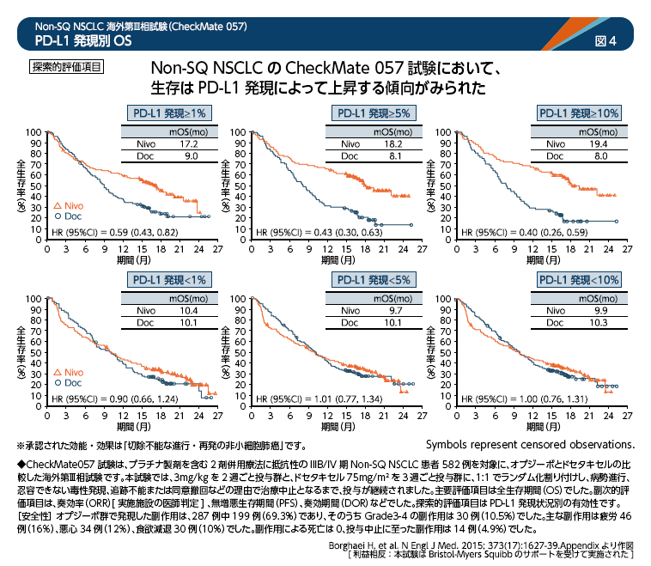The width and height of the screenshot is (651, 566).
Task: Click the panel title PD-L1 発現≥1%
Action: [167, 113]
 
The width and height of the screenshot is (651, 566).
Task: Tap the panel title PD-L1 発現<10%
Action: [578, 280]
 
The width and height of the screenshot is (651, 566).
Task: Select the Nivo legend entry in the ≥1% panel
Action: [66, 206]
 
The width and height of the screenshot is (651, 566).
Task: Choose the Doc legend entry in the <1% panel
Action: [66, 382]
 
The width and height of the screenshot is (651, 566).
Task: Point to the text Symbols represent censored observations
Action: [529, 444]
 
